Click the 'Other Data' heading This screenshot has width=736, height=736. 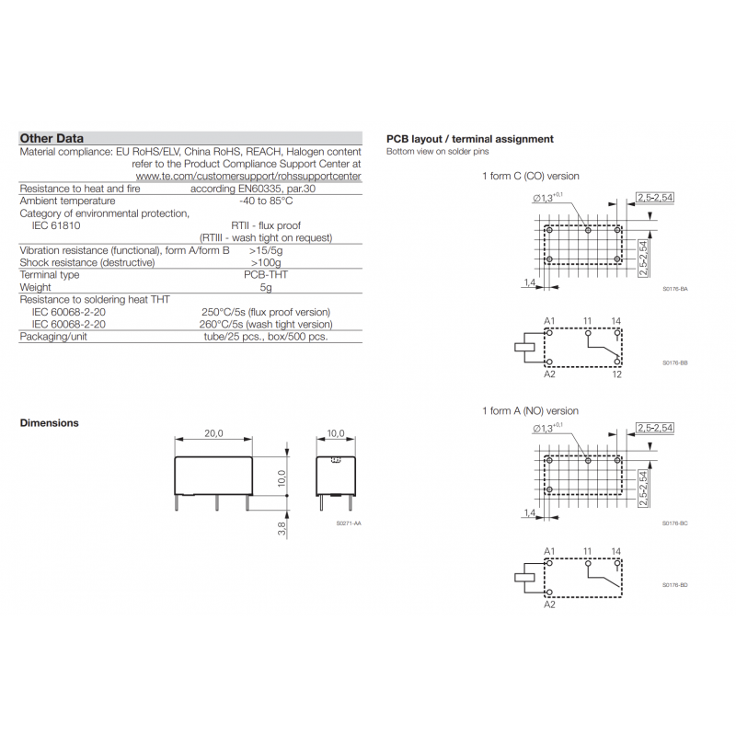[52, 138]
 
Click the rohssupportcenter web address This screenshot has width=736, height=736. [248, 176]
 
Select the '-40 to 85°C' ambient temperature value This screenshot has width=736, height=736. [266, 201]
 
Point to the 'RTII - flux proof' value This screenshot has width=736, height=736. [266, 225]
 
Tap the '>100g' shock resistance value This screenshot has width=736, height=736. [266, 262]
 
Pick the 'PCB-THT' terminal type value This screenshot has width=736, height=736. [265, 274]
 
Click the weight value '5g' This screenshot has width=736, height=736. [266, 287]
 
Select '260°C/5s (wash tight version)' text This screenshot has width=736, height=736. [266, 324]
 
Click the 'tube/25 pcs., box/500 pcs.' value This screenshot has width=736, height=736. [266, 337]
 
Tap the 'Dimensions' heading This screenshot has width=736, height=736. [50, 423]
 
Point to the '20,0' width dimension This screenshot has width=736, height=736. [213, 433]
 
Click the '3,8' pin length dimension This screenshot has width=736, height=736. [282, 528]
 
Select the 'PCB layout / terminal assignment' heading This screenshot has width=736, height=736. [470, 139]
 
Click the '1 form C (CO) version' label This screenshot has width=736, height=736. [531, 176]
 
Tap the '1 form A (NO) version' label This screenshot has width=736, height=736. [531, 410]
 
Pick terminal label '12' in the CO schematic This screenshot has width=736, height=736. [616, 374]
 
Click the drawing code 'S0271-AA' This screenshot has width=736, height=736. [349, 523]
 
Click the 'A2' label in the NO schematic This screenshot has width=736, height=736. [549, 605]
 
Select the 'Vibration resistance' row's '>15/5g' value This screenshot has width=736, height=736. [266, 250]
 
